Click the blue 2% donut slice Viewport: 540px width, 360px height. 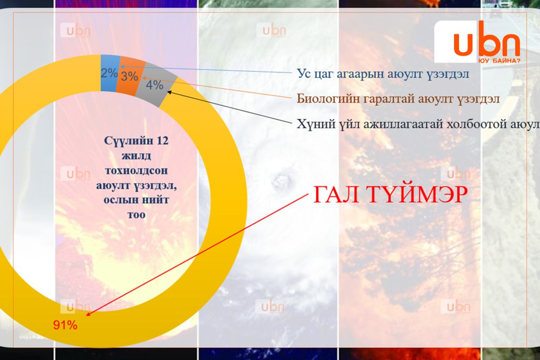pyautogui.click(x=110, y=73)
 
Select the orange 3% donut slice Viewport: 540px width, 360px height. pyautogui.click(x=130, y=76)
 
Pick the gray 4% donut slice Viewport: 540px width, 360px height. pyautogui.click(x=155, y=85)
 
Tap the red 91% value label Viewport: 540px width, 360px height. pyautogui.click(x=65, y=325)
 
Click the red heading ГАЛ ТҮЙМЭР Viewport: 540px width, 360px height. pyautogui.click(x=391, y=194)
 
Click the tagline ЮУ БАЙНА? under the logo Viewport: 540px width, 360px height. pyautogui.click(x=499, y=61)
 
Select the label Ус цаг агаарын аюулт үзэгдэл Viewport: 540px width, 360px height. pyautogui.click(x=383, y=73)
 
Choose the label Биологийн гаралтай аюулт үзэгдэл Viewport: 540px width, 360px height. pyautogui.click(x=398, y=99)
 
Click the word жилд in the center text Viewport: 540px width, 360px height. pyautogui.click(x=136, y=156)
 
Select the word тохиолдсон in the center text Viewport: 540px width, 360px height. pyautogui.click(x=136, y=171)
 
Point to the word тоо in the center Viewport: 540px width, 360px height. pyautogui.click(x=136, y=215)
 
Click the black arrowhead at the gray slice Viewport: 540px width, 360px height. pyautogui.click(x=170, y=92)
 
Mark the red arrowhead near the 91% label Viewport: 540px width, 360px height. pyautogui.click(x=89, y=314)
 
